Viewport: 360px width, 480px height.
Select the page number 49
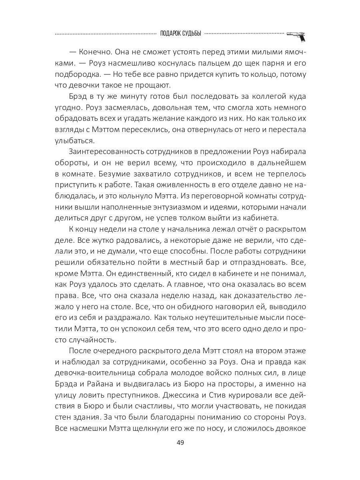click(180, 443)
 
